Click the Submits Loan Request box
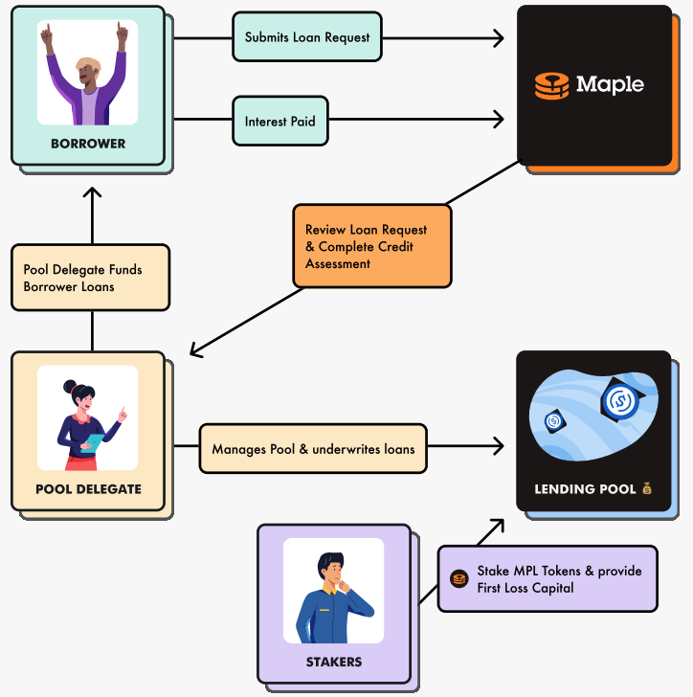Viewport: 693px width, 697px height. [307, 37]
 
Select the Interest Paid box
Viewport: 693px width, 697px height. [279, 122]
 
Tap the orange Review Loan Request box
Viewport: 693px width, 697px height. [371, 246]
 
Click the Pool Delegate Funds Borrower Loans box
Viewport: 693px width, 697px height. [90, 278]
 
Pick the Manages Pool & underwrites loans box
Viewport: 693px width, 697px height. [313, 448]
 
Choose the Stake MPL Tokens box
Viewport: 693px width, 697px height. [548, 578]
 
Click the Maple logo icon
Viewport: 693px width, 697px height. [552, 84]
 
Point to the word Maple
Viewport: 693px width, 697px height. [610, 84]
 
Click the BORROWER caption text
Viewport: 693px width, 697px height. [87, 144]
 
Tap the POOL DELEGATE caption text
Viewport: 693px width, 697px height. [88, 489]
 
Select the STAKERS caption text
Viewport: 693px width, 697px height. [333, 662]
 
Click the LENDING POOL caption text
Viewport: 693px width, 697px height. [585, 489]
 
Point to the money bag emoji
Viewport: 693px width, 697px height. [647, 489]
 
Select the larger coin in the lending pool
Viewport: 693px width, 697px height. [619, 399]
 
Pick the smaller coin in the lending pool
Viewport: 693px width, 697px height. [554, 421]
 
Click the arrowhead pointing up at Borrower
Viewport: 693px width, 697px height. [92, 192]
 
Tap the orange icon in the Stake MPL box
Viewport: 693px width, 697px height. [458, 578]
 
